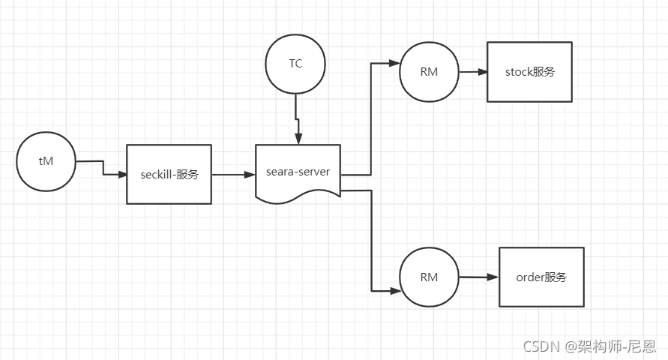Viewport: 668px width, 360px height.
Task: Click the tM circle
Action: [46, 161]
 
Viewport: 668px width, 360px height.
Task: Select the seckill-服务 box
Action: [169, 174]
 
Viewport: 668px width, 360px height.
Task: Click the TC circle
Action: [295, 64]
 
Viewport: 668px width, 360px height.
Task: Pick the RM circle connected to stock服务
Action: [429, 72]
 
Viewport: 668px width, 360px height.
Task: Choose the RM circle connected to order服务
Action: [429, 277]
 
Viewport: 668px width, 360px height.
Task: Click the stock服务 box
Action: [529, 72]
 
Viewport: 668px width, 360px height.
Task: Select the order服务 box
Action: [541, 277]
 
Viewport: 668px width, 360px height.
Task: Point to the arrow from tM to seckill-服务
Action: [102, 169]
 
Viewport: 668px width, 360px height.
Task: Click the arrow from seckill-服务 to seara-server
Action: [233, 174]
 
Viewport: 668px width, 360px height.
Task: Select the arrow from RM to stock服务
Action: [472, 72]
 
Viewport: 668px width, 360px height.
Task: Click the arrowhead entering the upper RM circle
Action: [394, 64]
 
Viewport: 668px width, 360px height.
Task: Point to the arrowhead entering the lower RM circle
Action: [394, 289]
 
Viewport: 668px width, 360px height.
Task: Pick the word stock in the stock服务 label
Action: [518, 72]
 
